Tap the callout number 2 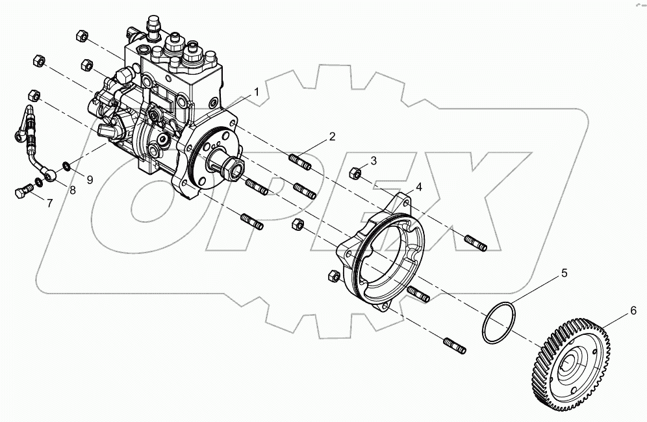[x=332, y=137]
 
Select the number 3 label [x=374, y=161]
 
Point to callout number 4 [x=419, y=187]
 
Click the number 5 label [x=565, y=273]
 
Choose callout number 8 [x=72, y=191]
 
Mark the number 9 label [x=90, y=179]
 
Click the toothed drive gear [x=576, y=358]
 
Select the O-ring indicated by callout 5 [x=498, y=322]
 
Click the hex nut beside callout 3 [x=356, y=173]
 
